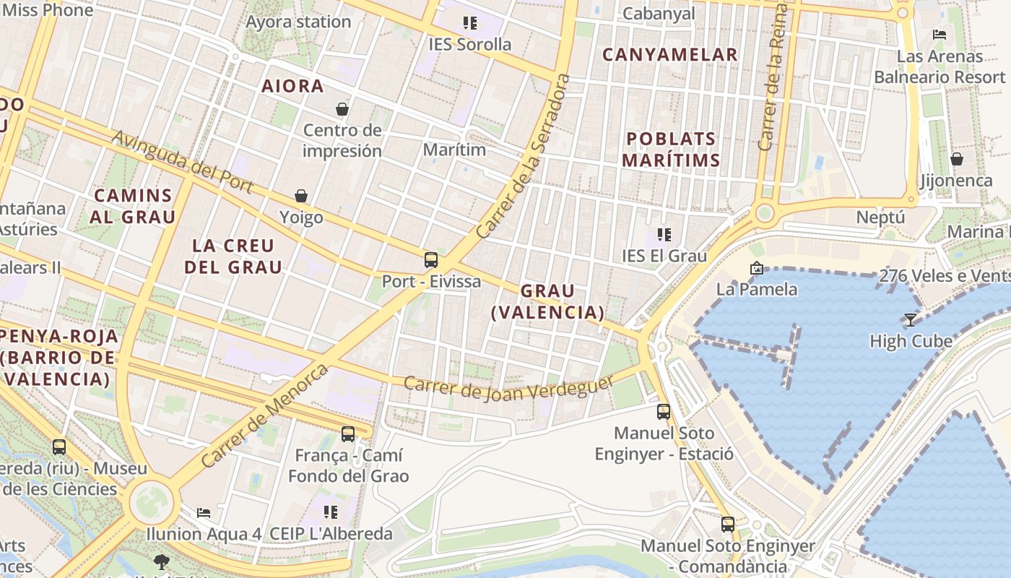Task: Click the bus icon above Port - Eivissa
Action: tap(431, 260)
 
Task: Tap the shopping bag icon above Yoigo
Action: tap(301, 196)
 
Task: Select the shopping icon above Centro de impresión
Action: tap(342, 109)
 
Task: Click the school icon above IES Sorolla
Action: tap(470, 23)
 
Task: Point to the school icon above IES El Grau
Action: tap(664, 234)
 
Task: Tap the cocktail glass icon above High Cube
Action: tap(911, 319)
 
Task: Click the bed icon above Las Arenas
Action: tap(940, 35)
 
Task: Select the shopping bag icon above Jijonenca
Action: tap(957, 159)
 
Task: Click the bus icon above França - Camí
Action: tap(348, 434)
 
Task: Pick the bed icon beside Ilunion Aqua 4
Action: tap(204, 513)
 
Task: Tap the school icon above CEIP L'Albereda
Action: tap(331, 512)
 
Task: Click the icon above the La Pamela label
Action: tap(757, 268)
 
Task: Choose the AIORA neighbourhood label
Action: tap(292, 86)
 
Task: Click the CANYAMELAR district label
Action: tap(669, 54)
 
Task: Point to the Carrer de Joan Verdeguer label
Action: tap(508, 391)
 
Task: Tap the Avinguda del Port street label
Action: tap(182, 162)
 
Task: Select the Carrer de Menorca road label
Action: tap(264, 415)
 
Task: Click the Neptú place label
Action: tap(880, 217)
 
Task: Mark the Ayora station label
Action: tap(298, 22)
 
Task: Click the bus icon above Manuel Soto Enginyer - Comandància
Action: tap(728, 524)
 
